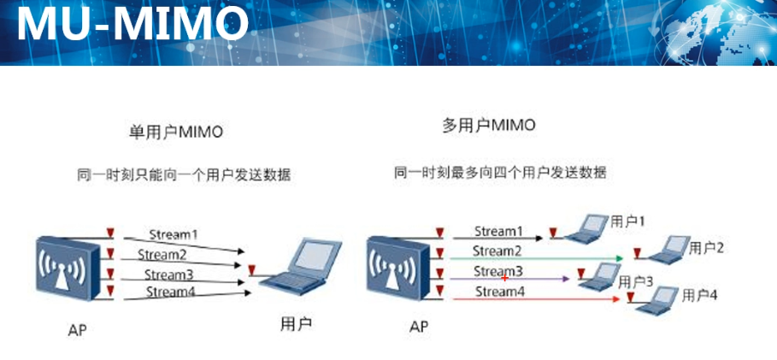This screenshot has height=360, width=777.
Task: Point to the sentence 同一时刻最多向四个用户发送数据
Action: pos(500,172)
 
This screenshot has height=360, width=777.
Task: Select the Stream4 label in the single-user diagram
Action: pos(171,292)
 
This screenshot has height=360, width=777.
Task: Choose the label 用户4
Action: pos(700,295)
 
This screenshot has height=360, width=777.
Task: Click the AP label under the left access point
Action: pos(77,328)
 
